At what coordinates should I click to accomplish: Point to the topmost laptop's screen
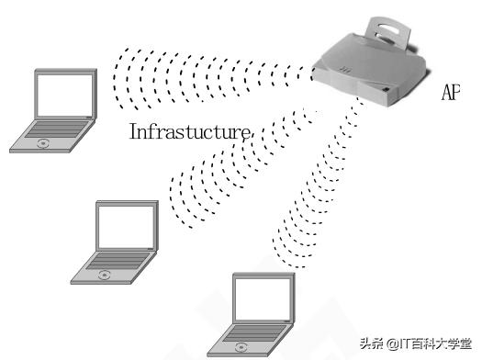64,96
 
